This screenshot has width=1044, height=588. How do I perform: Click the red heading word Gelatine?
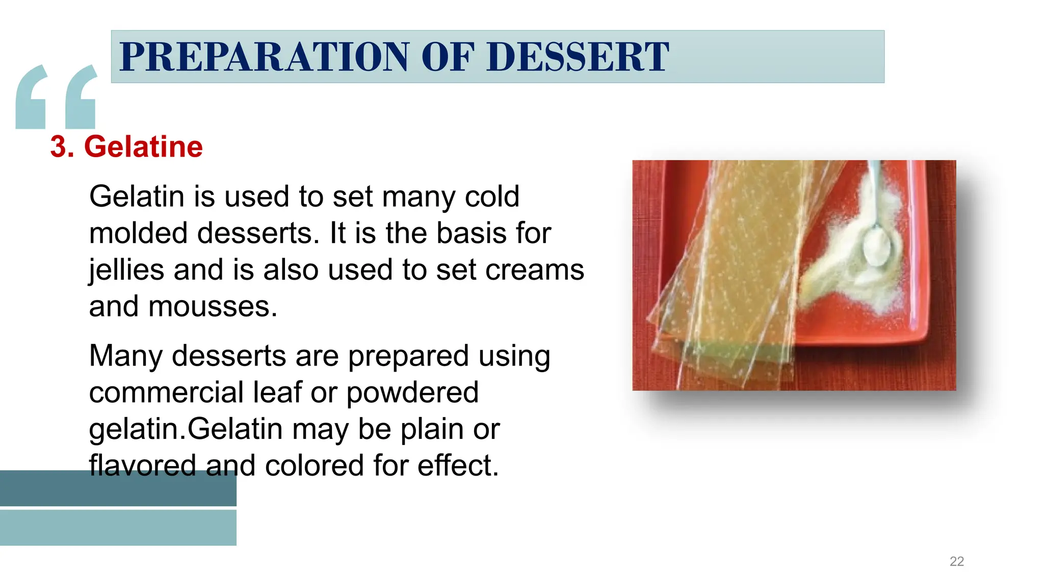tap(143, 147)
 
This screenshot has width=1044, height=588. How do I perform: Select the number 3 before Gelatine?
tap(59, 147)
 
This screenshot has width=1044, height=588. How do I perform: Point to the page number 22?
tap(956, 561)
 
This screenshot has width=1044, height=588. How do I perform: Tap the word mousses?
tap(213, 307)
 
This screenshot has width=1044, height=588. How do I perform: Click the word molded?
tap(138, 233)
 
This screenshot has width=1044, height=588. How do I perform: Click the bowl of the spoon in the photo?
tap(877, 247)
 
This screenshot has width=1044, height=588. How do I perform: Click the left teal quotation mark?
tap(31, 97)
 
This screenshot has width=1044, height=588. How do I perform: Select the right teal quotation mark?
tap(81, 97)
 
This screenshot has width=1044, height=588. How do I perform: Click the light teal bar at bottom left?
tap(118, 528)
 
